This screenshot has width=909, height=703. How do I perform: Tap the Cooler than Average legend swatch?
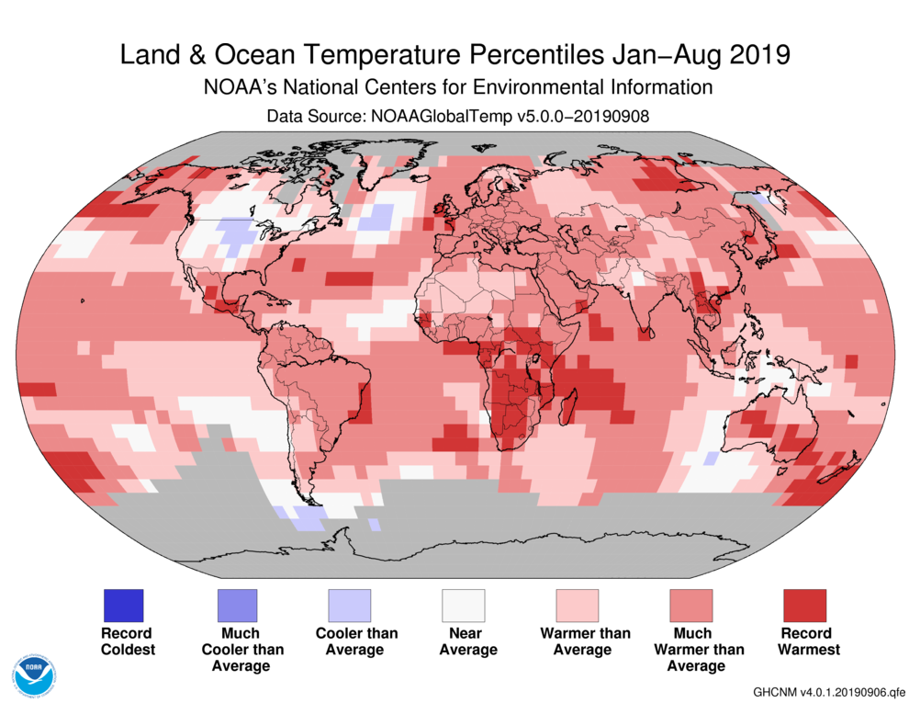350,606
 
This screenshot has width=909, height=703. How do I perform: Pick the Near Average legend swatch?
464,606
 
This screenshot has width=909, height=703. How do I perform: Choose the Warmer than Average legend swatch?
578,606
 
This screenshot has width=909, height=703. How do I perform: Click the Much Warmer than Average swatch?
691,606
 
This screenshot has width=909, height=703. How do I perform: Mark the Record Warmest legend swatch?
804,606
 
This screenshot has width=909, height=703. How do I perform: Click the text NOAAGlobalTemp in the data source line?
434,117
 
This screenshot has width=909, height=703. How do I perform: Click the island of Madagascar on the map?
567,404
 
